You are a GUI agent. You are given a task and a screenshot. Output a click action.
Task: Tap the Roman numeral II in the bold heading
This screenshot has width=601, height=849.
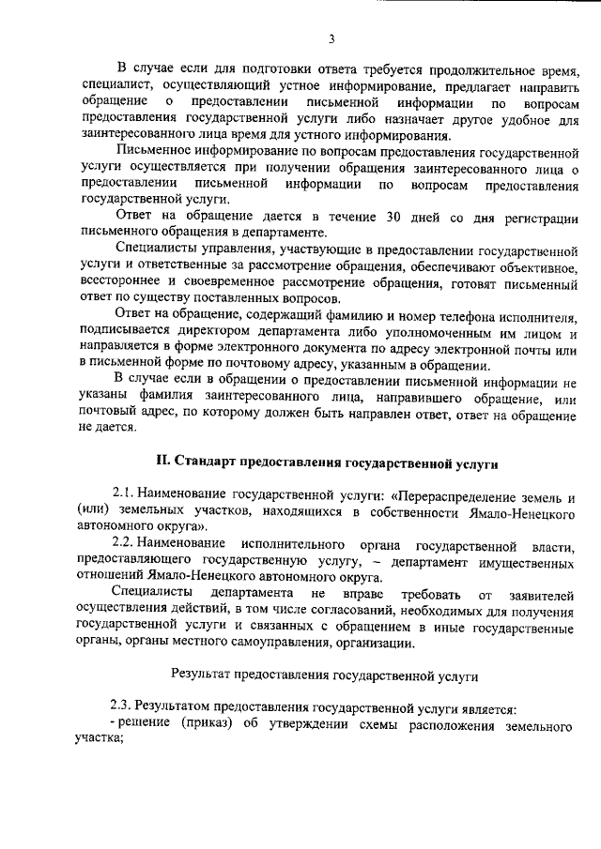[162, 462]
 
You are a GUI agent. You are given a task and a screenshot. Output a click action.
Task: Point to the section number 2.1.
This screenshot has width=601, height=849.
[125, 494]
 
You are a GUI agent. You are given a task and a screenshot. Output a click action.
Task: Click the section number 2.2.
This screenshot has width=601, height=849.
[125, 545]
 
